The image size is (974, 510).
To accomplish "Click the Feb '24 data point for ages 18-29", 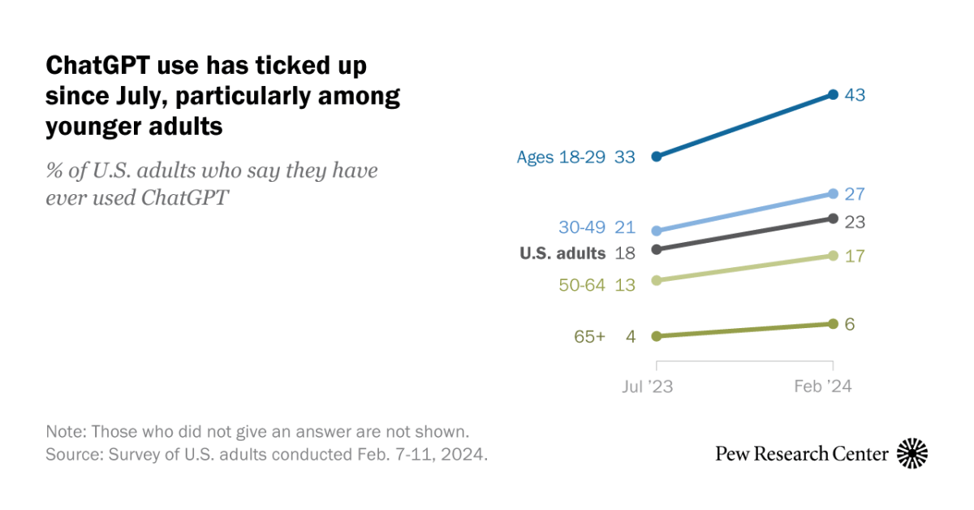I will [833, 95].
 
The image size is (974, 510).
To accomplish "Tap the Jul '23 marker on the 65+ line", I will [656, 335].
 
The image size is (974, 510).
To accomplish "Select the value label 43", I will [854, 95].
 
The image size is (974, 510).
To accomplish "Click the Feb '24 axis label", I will [822, 387].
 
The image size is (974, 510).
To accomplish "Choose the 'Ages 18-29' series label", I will [561, 157].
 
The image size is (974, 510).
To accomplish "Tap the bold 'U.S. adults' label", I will [562, 253].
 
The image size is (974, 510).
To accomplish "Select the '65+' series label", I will [590, 336].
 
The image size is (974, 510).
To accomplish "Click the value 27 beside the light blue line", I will [854, 194].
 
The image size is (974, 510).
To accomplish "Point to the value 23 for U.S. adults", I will [854, 222].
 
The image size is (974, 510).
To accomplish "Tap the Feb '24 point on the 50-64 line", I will [833, 256].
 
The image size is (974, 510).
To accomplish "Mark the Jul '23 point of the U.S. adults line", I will [656, 249].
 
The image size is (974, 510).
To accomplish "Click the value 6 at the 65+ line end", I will [849, 324].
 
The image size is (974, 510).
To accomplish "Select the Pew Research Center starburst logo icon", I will [912, 453].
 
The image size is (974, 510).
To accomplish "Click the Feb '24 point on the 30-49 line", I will [833, 193].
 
